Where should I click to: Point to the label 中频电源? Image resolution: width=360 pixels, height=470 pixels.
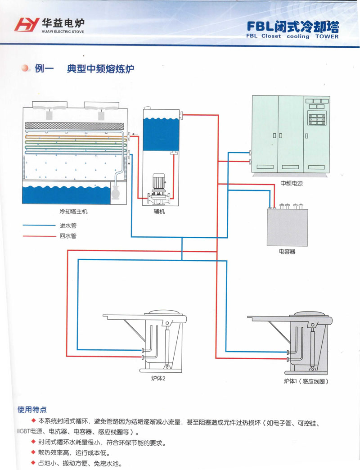[292, 183]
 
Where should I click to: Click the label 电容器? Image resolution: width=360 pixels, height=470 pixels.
[287, 252]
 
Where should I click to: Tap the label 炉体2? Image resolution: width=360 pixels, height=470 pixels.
[159, 379]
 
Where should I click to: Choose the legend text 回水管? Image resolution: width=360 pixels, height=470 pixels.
[68, 235]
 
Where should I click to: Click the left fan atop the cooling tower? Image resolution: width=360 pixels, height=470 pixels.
[49, 108]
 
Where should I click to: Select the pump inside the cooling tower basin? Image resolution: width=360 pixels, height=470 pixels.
[116, 193]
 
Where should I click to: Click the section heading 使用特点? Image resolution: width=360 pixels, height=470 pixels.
[32, 410]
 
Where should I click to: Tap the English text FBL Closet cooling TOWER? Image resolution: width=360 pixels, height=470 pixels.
[292, 36]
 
